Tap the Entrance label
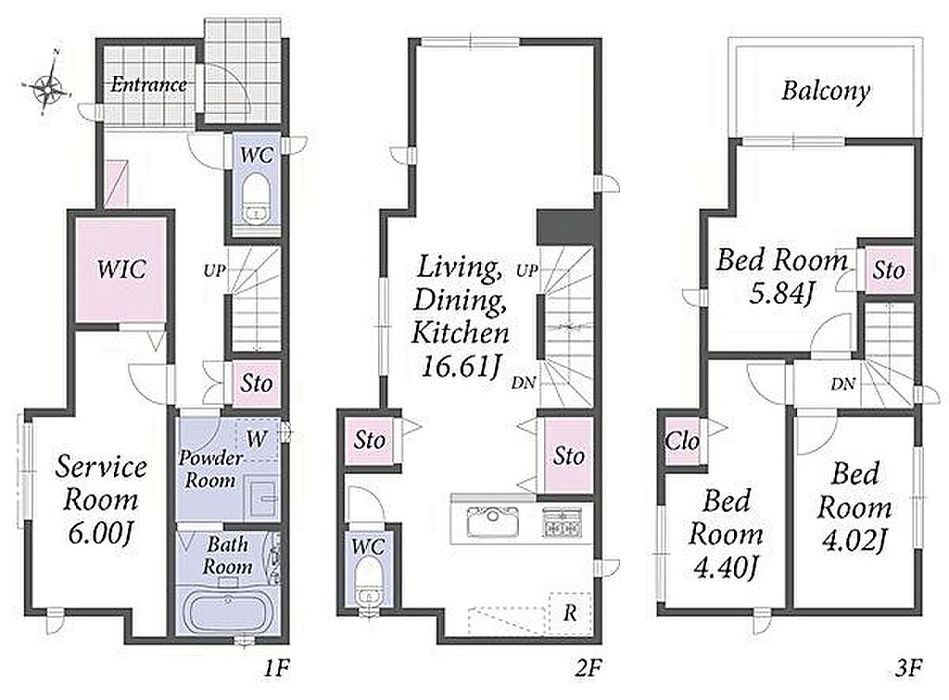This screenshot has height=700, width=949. point(148,84)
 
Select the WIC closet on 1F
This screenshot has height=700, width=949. point(121,269)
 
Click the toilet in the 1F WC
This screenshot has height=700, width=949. point(257,200)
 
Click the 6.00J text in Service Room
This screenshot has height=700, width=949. point(100,533)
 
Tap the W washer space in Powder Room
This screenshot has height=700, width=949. point(258,439)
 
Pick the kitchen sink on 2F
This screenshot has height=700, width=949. point(493,521)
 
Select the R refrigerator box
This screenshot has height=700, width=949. point(570,614)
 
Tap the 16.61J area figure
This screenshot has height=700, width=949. point(462,367)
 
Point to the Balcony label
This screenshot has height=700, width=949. point(826,92)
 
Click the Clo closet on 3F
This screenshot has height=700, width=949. point(683,442)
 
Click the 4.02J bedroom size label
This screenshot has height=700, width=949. point(854,541)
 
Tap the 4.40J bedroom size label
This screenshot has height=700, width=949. point(726,568)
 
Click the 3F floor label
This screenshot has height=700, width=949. point(908,668)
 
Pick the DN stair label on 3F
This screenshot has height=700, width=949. point(843,384)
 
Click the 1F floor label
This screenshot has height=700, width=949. point(276,668)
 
